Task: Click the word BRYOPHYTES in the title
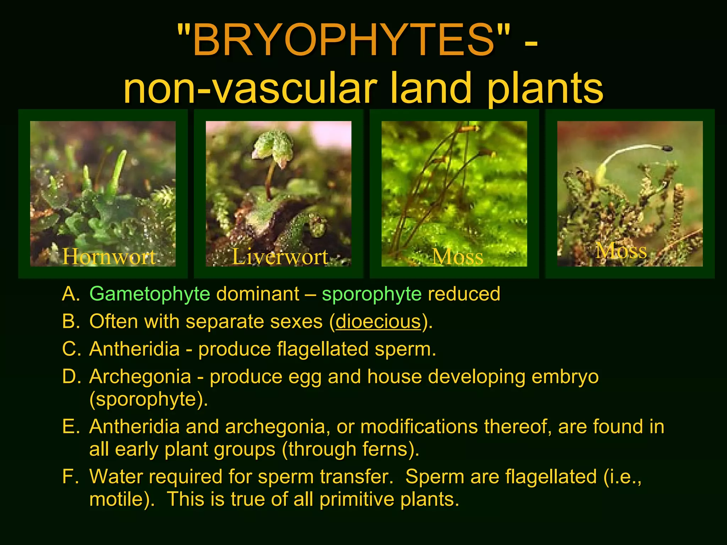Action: tap(344, 40)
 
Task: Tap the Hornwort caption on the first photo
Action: tap(109, 256)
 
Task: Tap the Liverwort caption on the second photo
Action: tap(280, 256)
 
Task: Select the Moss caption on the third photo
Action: tap(458, 257)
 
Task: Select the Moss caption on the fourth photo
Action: tap(621, 251)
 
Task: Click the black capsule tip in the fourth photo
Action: tap(667, 148)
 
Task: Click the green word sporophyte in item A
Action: tap(371, 294)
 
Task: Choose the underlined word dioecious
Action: tap(378, 321)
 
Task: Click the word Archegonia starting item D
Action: tap(140, 376)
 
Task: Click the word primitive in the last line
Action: tap(357, 499)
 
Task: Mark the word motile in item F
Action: tap(116, 499)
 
